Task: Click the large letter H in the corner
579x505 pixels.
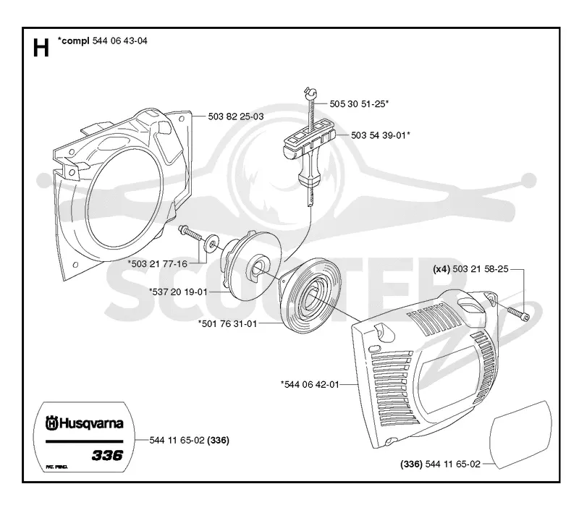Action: (41, 48)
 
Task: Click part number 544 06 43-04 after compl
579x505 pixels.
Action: (119, 41)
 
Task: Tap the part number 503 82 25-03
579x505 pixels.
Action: (236, 116)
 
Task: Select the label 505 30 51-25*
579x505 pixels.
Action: (359, 104)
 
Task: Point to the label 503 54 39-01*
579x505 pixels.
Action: (381, 135)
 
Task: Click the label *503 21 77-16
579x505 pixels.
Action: (158, 264)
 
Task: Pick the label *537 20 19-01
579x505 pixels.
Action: (178, 292)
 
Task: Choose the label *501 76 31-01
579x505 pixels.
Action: (227, 323)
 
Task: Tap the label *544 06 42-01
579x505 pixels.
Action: (310, 385)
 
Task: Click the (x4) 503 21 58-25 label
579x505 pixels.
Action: (471, 269)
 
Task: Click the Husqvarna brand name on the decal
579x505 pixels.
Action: (85, 423)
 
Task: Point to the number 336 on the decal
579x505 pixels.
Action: (107, 455)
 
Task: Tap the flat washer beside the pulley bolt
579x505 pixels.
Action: (211, 244)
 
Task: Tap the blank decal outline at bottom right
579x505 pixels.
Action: (520, 435)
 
